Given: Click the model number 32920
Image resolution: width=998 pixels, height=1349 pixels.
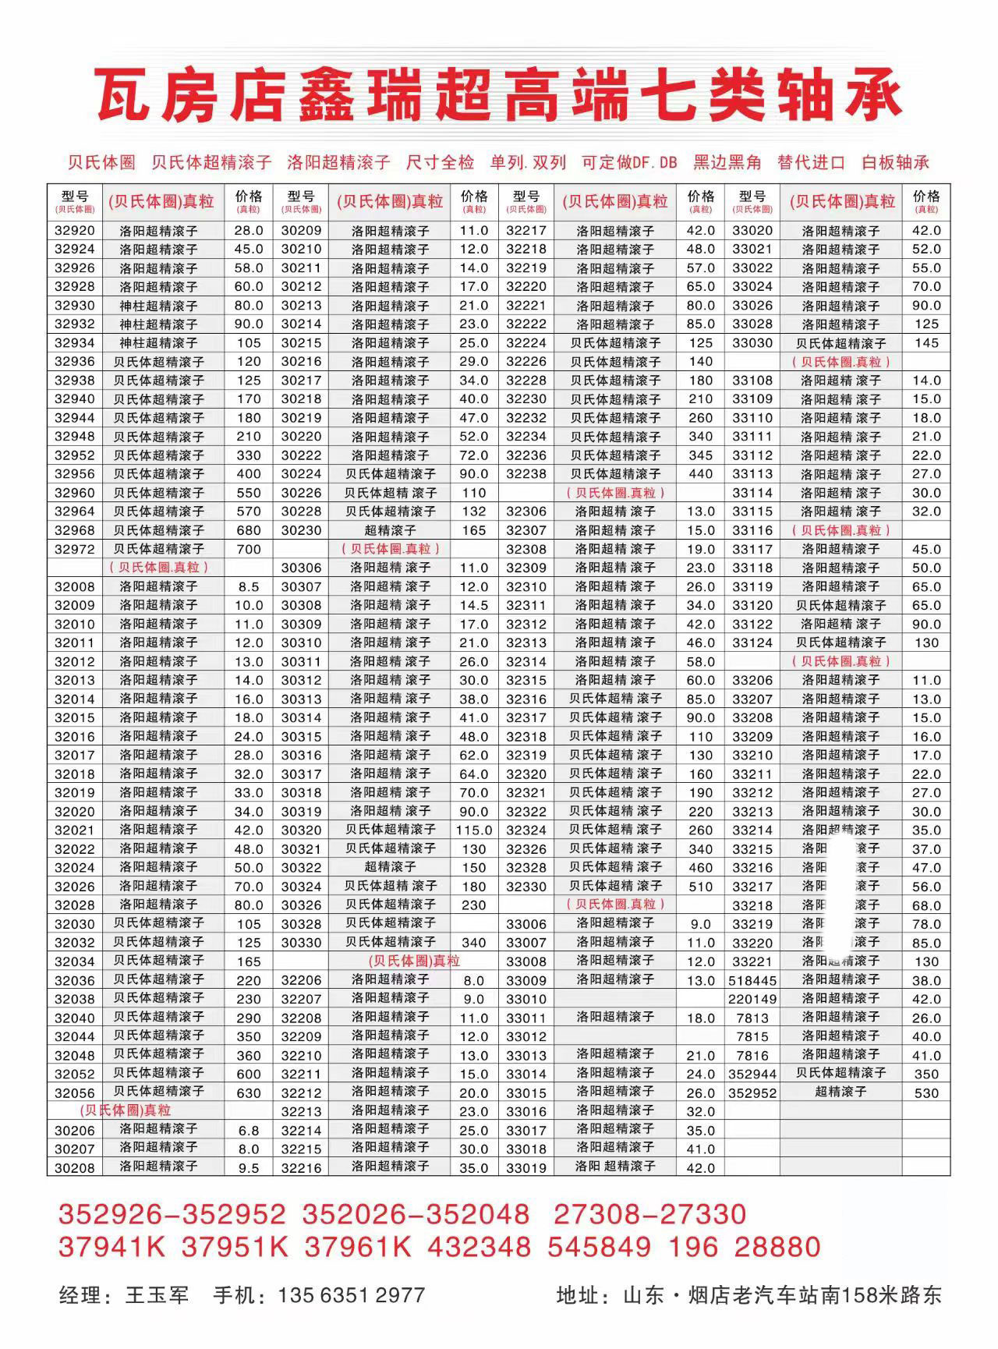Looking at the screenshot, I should pos(75,231).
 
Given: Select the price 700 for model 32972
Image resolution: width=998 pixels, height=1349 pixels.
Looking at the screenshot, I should pos(249,549).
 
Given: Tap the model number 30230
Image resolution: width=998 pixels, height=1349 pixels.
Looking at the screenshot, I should pos(301,530).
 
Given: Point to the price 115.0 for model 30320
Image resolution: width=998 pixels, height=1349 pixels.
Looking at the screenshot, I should pos(474,830).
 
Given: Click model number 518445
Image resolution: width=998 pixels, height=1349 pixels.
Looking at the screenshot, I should pos(752,980).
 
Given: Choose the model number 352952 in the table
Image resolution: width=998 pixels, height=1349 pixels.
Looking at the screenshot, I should pos(752,1093).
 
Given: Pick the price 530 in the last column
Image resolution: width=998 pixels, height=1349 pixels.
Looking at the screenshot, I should pos(926,1093).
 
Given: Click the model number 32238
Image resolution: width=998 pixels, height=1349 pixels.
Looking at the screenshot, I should pos(526,474).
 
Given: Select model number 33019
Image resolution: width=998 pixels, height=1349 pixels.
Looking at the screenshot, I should pos(526,1168).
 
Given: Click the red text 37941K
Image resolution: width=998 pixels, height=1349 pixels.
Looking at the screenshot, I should pos(111,1247).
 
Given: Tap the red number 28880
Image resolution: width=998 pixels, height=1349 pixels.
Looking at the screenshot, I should pos(777,1247).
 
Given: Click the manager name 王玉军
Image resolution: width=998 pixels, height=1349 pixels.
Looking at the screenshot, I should pos(157,1296).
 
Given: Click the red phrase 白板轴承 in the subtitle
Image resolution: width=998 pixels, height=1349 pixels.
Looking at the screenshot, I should pos(896,163).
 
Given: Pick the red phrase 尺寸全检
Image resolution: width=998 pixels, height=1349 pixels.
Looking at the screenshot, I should pos(441,163).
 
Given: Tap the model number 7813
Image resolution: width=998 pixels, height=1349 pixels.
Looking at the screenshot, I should pos(752,1018).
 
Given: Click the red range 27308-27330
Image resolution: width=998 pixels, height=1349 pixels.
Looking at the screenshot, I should pos(649,1214).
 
